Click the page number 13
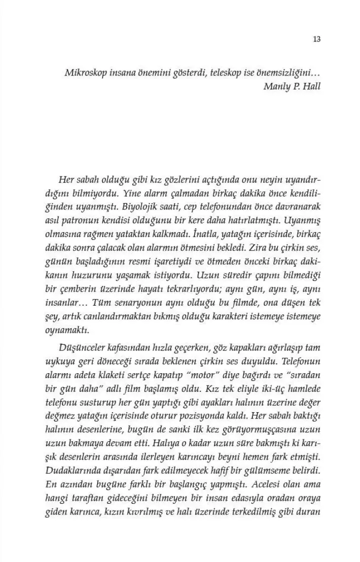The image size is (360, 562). click(317, 39)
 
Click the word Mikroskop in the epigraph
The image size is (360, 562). click(84, 72)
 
